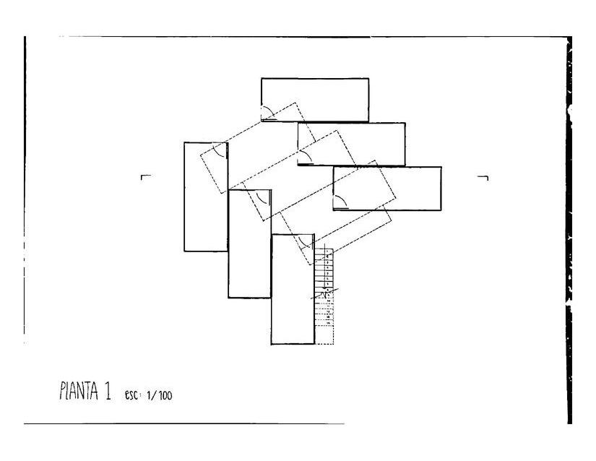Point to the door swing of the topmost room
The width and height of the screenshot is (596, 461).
(x=267, y=113)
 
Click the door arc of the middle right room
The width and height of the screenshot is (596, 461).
(x=303, y=158)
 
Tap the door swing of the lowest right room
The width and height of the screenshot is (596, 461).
(x=340, y=202)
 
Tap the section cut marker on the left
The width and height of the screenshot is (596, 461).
(x=145, y=176)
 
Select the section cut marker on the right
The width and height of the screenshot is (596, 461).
(x=483, y=177)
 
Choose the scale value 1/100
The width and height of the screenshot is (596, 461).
(x=159, y=395)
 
